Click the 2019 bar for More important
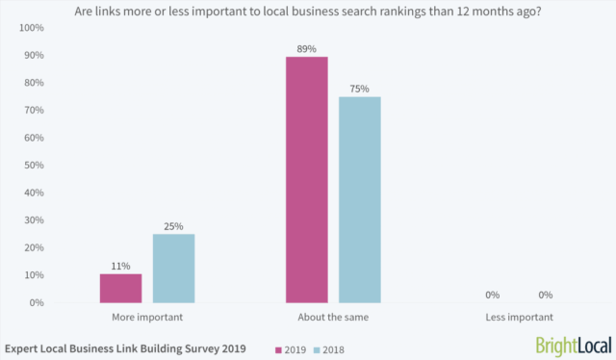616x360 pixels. click(120, 288)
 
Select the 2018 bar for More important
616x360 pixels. click(173, 269)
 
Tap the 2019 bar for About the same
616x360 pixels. click(306, 180)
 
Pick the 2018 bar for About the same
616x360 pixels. click(360, 199)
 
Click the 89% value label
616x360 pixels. click(306, 46)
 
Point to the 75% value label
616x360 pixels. click(360, 88)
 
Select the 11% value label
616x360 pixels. click(120, 265)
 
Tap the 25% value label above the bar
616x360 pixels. click(173, 225)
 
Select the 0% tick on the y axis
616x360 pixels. click(36, 302)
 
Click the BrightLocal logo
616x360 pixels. click(572, 346)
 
